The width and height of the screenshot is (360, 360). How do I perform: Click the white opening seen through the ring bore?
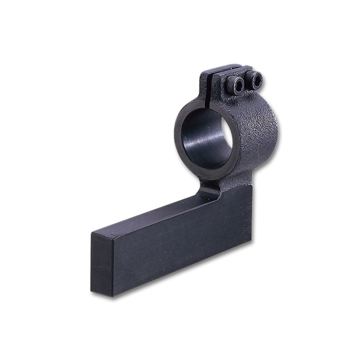point(227,139)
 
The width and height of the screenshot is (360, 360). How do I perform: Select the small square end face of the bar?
point(102,264)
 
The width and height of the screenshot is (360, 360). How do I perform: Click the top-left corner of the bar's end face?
point(91,234)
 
